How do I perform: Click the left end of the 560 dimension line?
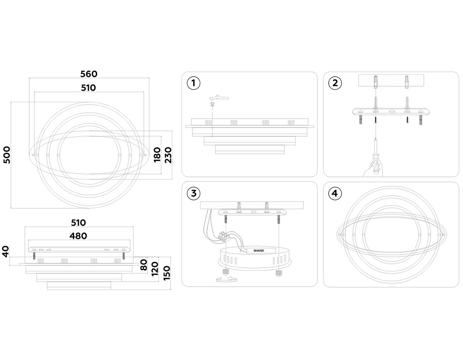pos(29,78)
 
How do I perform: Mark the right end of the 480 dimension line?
pos(130,241)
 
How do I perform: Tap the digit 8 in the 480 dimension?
pos(78,236)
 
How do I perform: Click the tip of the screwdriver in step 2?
pos(376,138)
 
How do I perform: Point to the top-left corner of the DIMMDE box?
pos(247,248)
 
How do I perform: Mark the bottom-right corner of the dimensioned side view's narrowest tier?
pos(111,290)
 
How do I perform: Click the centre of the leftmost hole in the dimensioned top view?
pos(33,155)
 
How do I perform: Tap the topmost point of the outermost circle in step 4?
pos(391,186)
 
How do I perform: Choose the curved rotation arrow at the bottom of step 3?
pos(226,279)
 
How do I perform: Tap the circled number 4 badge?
pos(335,193)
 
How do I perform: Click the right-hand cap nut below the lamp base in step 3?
pos(278,273)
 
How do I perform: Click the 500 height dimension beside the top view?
pos(7,155)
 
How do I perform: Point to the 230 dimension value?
pos(168,155)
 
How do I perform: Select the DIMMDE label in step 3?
pos(259,251)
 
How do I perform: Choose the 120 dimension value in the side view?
pos(155,269)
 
